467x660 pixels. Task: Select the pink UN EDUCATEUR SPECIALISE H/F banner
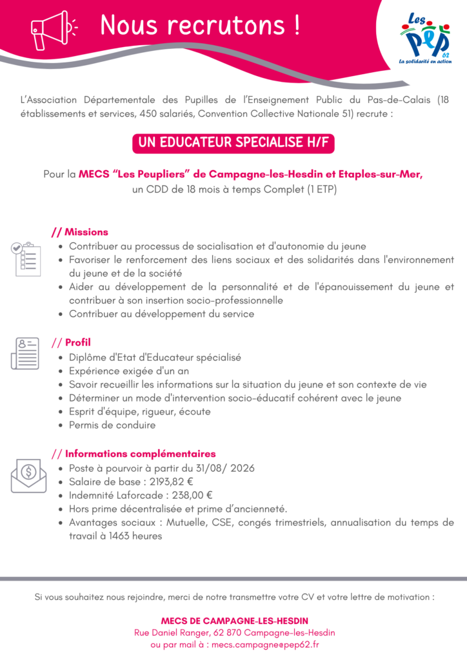(x=233, y=143)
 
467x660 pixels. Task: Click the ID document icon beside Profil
(x=25, y=353)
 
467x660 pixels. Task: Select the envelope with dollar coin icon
(x=28, y=475)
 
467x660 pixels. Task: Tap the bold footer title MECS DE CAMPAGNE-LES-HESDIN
(x=234, y=621)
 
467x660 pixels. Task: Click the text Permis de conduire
(x=112, y=425)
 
